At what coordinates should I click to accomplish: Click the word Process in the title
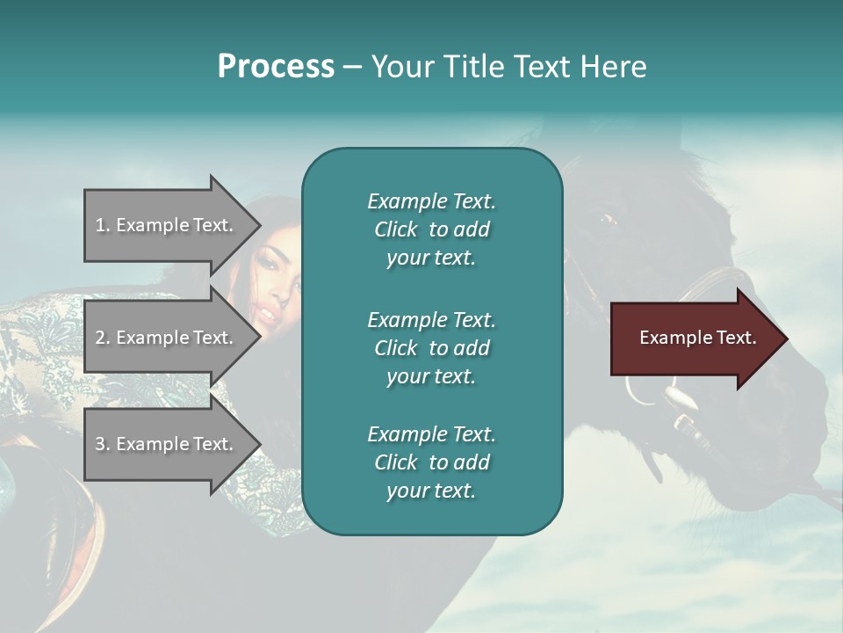click(276, 67)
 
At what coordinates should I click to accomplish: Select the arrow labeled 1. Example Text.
click(167, 225)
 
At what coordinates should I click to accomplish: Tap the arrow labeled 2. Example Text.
click(167, 338)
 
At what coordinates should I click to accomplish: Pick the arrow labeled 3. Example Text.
click(167, 444)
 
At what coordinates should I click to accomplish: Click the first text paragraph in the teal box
click(431, 229)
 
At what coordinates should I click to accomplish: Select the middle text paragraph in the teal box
click(431, 347)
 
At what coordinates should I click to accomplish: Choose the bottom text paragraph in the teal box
click(431, 462)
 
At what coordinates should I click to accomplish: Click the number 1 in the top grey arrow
click(100, 225)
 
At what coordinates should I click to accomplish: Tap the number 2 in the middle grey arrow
click(101, 338)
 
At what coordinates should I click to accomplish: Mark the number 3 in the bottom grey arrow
click(101, 444)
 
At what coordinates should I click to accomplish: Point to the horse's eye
click(606, 220)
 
